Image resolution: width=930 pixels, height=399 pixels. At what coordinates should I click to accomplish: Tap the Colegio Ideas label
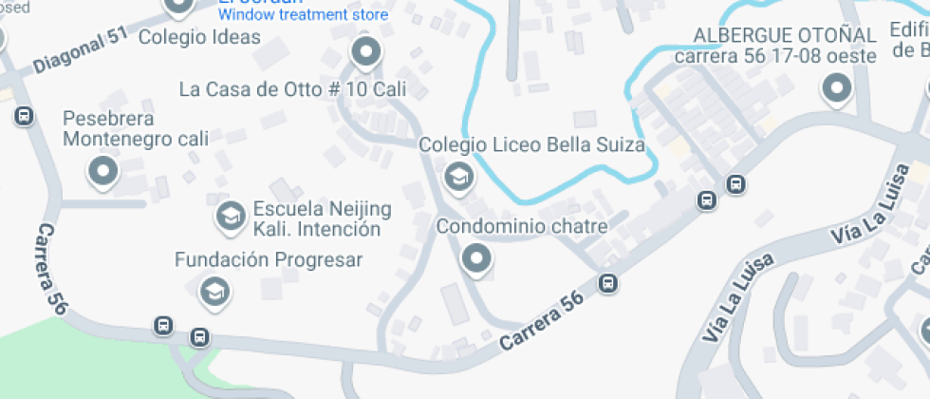pyautogui.click(x=199, y=37)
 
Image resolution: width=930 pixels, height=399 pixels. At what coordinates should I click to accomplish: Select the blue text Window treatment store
pyautogui.click(x=303, y=15)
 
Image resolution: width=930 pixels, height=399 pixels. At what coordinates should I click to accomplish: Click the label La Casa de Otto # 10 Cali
pyautogui.click(x=292, y=90)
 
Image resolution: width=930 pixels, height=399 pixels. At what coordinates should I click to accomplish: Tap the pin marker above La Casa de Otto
pyautogui.click(x=365, y=49)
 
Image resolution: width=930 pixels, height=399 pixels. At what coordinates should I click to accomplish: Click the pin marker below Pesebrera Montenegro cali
pyautogui.click(x=102, y=172)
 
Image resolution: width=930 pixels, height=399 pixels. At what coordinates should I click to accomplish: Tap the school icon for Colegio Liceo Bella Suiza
pyautogui.click(x=458, y=176)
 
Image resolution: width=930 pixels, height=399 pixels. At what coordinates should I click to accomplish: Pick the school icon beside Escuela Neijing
pyautogui.click(x=229, y=217)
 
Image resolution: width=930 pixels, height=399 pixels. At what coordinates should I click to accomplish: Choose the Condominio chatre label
pyautogui.click(x=521, y=227)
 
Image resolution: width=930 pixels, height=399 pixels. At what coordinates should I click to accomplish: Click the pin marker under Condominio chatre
pyautogui.click(x=475, y=257)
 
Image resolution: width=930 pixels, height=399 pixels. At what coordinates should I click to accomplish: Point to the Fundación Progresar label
pyautogui.click(x=269, y=259)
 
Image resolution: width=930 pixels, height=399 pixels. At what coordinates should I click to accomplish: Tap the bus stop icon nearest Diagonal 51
pyautogui.click(x=24, y=116)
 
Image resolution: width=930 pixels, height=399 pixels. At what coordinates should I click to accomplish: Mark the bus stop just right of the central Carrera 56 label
pyautogui.click(x=608, y=283)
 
